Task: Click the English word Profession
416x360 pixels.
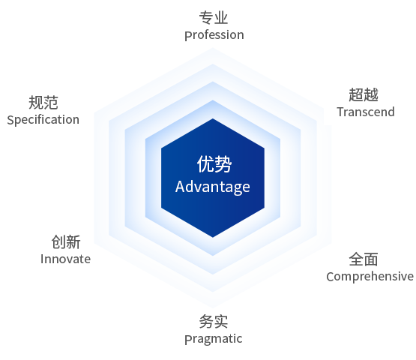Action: (214, 35)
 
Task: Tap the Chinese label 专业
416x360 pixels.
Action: (214, 18)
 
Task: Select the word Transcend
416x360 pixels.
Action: (366, 112)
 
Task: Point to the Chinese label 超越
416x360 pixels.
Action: (364, 94)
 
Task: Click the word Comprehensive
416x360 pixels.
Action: (370, 276)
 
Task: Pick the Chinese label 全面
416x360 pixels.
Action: (364, 259)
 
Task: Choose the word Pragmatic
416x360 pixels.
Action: (214, 339)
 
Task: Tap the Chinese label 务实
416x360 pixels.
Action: (214, 322)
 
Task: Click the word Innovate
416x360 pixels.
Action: (65, 259)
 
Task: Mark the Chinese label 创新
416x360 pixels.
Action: (66, 241)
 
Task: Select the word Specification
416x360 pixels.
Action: (43, 120)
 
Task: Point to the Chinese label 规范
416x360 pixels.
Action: (43, 103)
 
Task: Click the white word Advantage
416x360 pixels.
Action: (213, 187)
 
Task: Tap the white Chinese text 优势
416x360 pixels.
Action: (214, 164)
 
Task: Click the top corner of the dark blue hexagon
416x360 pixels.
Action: (213, 118)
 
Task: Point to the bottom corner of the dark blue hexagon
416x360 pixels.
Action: (213, 237)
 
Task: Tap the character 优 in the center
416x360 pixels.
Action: (205, 164)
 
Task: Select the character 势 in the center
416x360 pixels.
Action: (223, 164)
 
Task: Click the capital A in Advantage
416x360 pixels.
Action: (180, 186)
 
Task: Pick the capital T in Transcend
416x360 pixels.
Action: (341, 112)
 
